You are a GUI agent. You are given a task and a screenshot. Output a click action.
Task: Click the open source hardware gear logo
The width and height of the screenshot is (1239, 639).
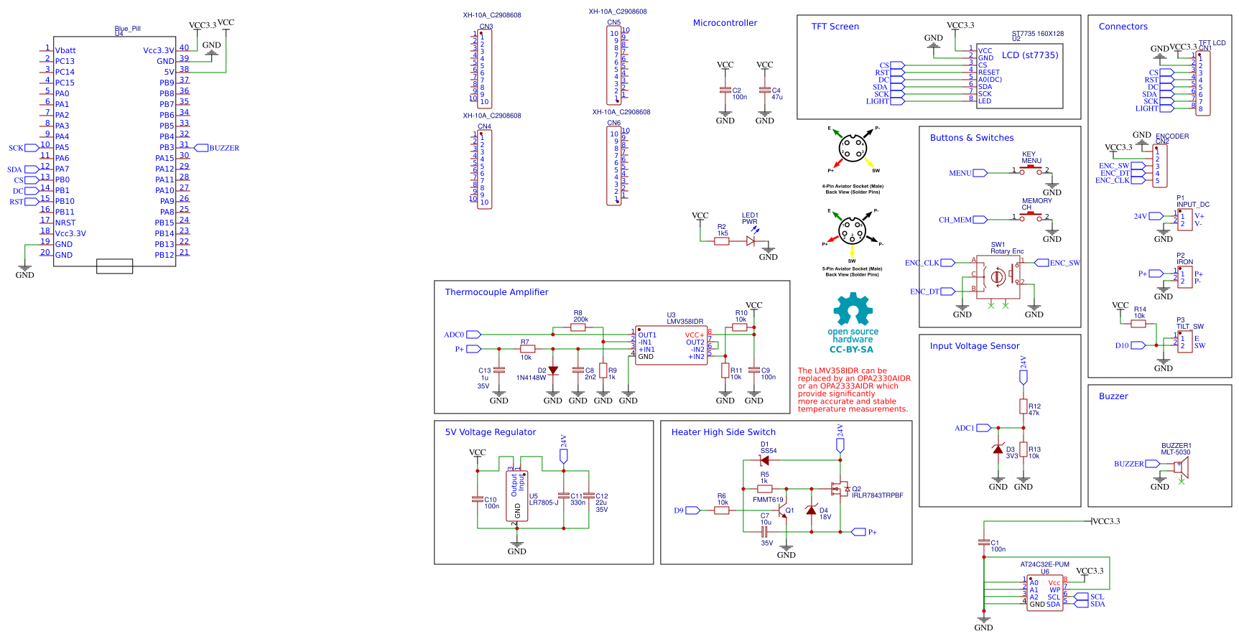coord(853,309)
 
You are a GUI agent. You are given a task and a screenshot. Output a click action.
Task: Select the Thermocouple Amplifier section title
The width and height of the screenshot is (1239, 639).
coord(496,292)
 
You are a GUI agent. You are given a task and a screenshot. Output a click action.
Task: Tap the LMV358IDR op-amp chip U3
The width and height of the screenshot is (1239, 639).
coord(671,345)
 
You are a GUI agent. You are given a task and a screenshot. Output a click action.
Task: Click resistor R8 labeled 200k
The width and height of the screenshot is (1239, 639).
coord(577,327)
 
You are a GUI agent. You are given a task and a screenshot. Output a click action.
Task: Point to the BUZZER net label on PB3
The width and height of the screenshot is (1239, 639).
coord(224,148)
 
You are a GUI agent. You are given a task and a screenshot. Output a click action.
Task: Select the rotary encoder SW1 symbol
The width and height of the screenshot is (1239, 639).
coord(998,276)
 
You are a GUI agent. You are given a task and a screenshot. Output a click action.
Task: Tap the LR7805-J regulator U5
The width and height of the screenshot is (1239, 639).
coord(516,496)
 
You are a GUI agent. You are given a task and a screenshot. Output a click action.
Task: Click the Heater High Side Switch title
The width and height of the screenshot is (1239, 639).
coord(723,432)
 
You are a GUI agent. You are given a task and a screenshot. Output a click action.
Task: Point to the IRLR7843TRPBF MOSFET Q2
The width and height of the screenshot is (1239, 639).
coord(839,489)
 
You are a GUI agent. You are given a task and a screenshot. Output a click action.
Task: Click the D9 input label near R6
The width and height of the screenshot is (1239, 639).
coord(679,510)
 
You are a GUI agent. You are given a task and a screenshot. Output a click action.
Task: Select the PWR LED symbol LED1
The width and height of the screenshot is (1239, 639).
coord(751,241)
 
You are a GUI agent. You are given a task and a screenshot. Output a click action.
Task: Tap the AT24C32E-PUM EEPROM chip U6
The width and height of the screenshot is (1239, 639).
coord(1044,593)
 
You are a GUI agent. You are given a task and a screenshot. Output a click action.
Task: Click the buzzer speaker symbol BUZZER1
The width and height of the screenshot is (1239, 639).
coord(1182,466)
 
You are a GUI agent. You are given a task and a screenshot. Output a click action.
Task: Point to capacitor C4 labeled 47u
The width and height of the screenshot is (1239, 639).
coord(765,91)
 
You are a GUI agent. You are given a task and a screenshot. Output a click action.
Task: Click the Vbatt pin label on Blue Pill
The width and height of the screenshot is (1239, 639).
coord(65,50)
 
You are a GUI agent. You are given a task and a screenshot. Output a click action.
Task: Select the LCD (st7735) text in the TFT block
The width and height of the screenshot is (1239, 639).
coord(1030,55)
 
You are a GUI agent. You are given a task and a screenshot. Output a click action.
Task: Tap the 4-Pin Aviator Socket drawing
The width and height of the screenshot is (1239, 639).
coord(853,150)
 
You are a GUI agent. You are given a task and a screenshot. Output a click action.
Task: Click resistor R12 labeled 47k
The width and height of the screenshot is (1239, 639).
coord(1024,406)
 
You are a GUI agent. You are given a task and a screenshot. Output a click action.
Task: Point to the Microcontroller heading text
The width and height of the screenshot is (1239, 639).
coord(725,23)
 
